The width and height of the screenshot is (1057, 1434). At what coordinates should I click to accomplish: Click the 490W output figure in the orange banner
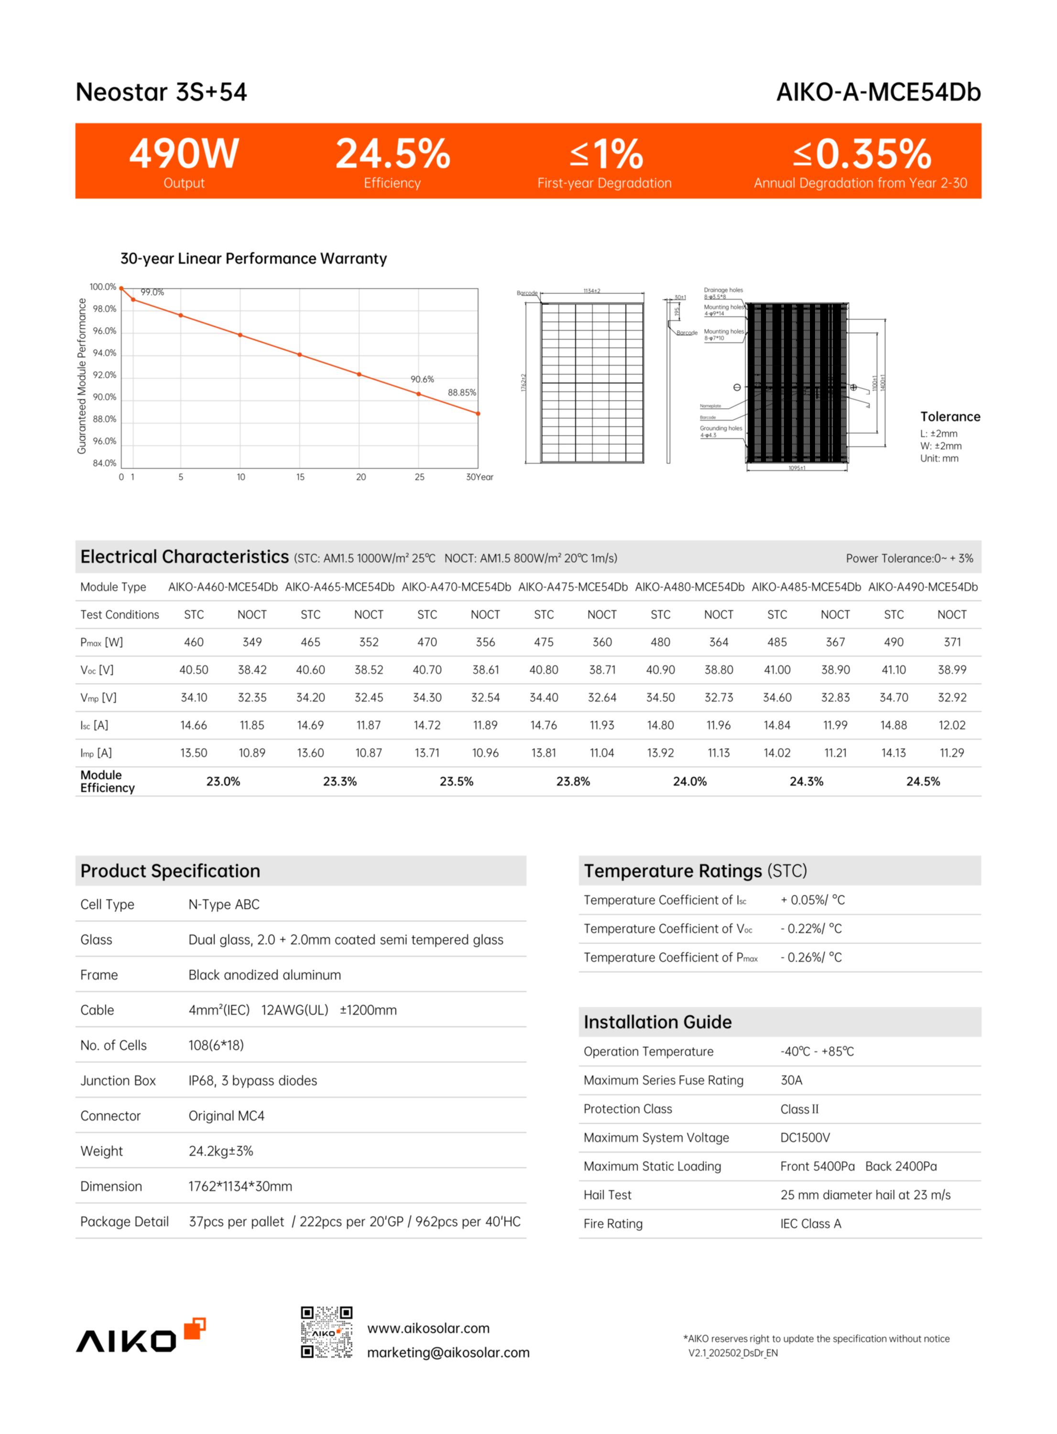[x=184, y=154]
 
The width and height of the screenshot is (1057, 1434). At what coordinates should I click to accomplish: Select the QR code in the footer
[x=327, y=1332]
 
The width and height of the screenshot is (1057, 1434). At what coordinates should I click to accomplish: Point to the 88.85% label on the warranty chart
[x=461, y=393]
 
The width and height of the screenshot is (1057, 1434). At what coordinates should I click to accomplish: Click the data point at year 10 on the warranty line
[x=240, y=335]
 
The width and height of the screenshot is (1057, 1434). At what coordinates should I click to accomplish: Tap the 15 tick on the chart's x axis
[x=300, y=477]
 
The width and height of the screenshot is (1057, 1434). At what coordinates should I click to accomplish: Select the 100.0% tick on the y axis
[x=102, y=287]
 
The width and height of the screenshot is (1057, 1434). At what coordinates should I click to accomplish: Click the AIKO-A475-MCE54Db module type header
[x=573, y=587]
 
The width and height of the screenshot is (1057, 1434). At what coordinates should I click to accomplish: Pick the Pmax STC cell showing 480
[x=660, y=642]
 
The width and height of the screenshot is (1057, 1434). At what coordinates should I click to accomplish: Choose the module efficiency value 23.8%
[x=573, y=782]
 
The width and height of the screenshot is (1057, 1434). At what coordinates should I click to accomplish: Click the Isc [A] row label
[x=94, y=725]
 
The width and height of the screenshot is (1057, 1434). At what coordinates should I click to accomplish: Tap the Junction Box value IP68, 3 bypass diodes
[x=253, y=1081]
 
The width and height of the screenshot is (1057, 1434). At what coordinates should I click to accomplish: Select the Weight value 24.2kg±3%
[x=221, y=1152]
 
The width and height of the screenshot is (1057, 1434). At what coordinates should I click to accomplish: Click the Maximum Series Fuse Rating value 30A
[x=791, y=1080]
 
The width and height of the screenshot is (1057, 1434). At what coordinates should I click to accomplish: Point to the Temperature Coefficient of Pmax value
[x=811, y=957]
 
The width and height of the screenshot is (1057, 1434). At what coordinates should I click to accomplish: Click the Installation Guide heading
[x=657, y=1022]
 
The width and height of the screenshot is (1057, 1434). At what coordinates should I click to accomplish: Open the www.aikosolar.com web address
[x=428, y=1328]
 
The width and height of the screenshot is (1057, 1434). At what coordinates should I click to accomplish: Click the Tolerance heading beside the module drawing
[x=949, y=417]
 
